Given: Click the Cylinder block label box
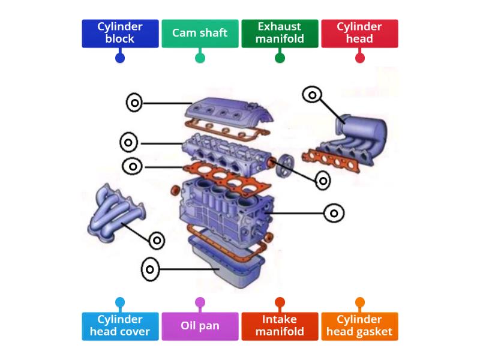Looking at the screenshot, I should [x=120, y=33].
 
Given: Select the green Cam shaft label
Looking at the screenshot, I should [x=200, y=33].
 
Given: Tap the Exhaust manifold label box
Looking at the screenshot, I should [x=280, y=33].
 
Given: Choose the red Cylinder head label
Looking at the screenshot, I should [x=359, y=33].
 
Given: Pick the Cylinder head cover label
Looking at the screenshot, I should [x=120, y=326].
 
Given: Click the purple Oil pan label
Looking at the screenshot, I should [x=200, y=326].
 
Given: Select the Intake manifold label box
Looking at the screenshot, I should [x=280, y=326].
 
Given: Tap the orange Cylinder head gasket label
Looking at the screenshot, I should [x=359, y=326].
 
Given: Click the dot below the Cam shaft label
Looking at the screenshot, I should [x=200, y=58].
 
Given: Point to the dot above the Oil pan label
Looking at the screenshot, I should [x=200, y=302].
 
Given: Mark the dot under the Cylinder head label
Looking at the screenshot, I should [x=359, y=58].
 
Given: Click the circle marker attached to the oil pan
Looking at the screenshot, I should [x=151, y=269].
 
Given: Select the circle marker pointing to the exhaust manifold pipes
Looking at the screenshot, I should [x=157, y=241].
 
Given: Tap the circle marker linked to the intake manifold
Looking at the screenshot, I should [x=312, y=94].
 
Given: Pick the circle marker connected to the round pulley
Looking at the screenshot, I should [x=323, y=180].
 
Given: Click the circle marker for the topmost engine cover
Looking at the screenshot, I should [x=135, y=103].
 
